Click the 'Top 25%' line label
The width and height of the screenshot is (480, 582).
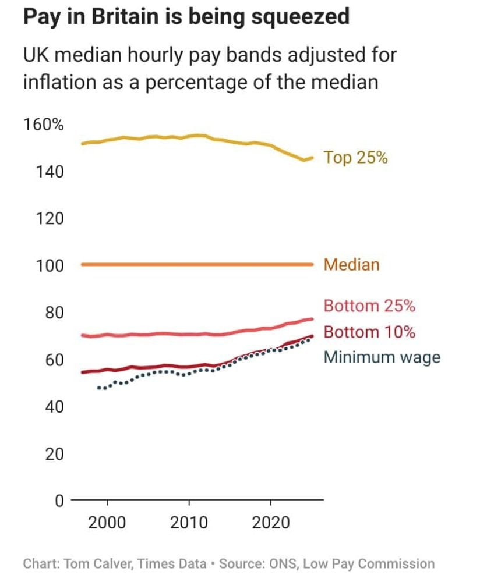coord(355,158)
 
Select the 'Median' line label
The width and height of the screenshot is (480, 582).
coord(351,265)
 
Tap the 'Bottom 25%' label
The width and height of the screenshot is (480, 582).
coord(369,306)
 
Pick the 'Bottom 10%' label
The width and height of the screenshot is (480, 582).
coord(369,332)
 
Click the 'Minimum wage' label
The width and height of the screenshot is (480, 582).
coord(382,357)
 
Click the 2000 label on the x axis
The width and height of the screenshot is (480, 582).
coord(107,522)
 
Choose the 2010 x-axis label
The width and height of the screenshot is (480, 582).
coord(189,522)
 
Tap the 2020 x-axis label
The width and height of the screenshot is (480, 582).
coord(271,522)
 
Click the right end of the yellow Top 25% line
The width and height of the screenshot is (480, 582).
coord(312,158)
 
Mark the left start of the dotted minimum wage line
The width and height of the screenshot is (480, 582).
coord(98,388)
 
